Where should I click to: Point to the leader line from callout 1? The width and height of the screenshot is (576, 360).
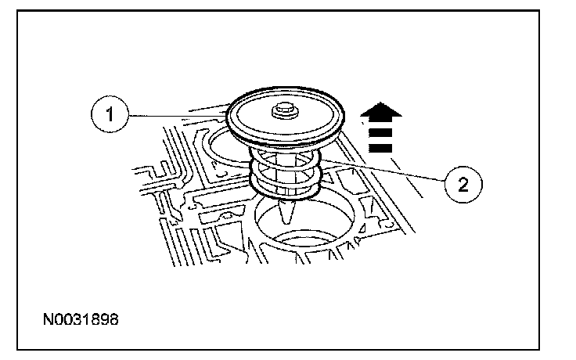coord(176,116)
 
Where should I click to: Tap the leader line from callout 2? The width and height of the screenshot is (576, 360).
coord(383,171)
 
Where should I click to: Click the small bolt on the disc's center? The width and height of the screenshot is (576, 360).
coord(281,113)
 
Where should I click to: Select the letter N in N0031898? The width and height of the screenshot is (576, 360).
coord(48,320)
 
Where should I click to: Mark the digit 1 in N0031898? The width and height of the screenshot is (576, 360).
coord(87,320)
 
